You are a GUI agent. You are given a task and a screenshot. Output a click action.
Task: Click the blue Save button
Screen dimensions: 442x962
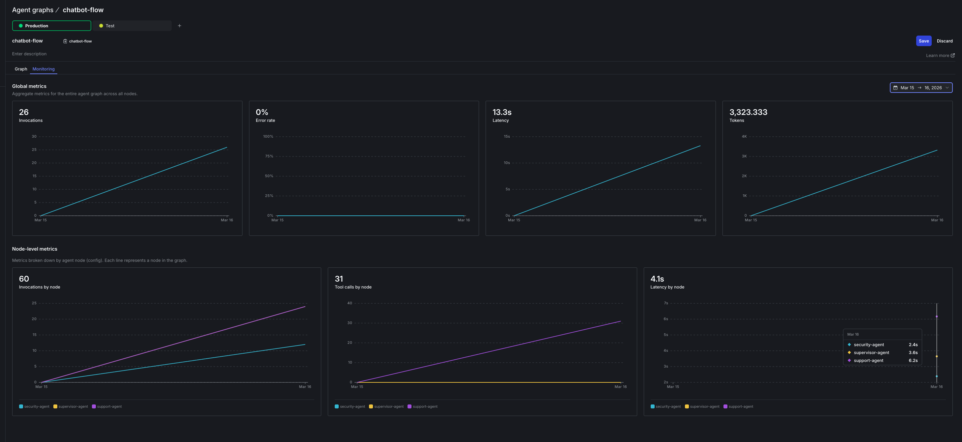pos(923,41)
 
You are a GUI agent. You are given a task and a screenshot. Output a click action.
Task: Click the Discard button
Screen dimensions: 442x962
pos(944,41)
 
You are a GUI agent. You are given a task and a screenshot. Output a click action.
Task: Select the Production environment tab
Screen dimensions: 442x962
pos(51,26)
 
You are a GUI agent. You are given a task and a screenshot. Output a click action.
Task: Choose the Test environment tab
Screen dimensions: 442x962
pos(132,26)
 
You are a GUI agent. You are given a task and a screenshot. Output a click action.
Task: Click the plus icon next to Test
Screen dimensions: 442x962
pos(179,26)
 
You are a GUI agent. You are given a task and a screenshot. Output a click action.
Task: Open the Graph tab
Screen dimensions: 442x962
pos(21,69)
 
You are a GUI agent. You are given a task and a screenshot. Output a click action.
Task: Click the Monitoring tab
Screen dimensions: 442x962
pos(43,69)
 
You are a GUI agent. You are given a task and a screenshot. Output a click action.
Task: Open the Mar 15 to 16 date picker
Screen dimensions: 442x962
pos(920,88)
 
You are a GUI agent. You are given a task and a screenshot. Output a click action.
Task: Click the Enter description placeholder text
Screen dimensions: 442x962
pos(29,54)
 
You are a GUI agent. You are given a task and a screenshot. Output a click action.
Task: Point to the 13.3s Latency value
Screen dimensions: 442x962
pos(501,112)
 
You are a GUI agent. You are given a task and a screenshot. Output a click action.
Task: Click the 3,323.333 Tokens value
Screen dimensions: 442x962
pos(748,112)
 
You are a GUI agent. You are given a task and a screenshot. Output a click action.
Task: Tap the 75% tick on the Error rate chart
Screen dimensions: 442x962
pos(269,156)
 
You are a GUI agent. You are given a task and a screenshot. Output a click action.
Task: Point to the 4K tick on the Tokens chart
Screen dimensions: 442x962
pos(744,137)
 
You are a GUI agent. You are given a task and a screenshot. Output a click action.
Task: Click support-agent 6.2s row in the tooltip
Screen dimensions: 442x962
pos(882,361)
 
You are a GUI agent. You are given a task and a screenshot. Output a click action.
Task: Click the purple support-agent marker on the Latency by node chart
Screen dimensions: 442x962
pos(936,317)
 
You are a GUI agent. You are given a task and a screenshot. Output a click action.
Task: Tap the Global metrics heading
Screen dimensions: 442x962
pos(29,86)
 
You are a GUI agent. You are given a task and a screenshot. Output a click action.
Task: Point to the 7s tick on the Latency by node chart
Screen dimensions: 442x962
pos(665,303)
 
